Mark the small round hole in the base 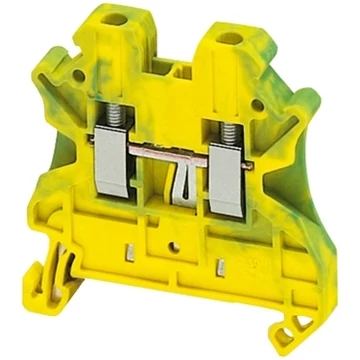pos(173,270)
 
